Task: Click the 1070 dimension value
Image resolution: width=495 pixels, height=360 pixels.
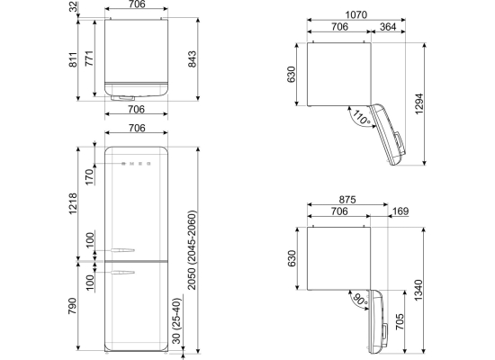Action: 356,14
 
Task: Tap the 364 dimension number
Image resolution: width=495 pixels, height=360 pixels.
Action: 388,27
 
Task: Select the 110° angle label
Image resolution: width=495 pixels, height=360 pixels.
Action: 361,117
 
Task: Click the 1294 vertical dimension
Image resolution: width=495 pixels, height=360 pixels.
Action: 418,103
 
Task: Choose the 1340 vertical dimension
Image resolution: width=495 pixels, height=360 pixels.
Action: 418,290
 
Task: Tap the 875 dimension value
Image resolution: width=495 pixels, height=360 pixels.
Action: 347,200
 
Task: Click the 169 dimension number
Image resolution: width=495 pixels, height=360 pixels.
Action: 400,211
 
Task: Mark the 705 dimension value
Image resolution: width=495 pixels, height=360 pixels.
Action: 400,321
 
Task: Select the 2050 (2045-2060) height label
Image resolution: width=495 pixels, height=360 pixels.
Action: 192,250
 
